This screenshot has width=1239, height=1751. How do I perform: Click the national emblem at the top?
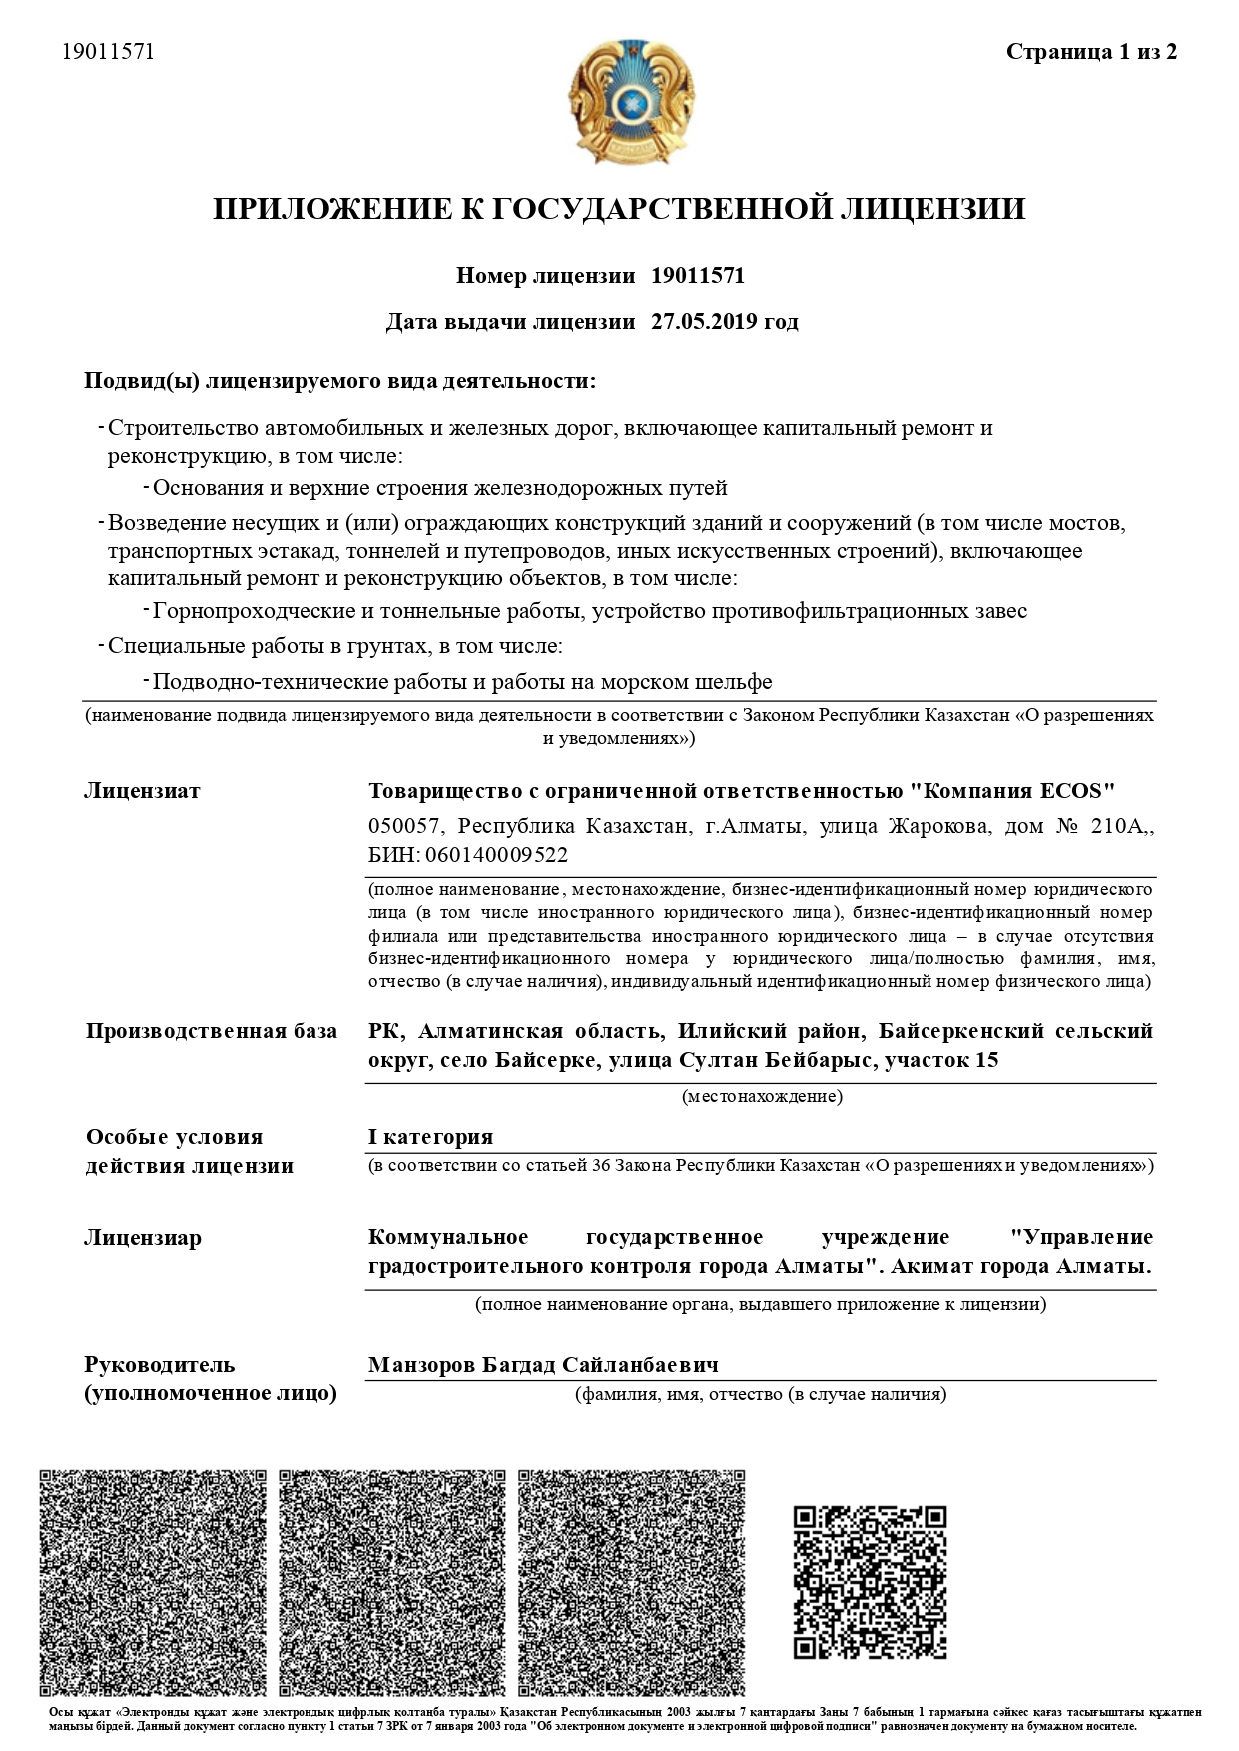tap(628, 101)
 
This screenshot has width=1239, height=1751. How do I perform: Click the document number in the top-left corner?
tap(108, 52)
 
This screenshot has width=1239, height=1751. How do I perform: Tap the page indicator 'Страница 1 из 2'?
tap(1091, 52)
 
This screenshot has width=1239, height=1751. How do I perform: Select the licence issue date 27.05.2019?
tap(695, 322)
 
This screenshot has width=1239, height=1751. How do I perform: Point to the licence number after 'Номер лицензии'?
tap(697, 276)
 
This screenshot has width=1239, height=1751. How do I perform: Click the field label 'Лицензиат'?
tap(142, 791)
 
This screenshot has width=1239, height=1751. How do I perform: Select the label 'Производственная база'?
tap(211, 1031)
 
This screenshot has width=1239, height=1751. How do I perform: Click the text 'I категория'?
tap(430, 1137)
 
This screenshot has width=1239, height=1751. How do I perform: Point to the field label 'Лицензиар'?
tap(143, 1238)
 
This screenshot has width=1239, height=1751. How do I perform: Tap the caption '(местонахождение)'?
tap(762, 1097)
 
